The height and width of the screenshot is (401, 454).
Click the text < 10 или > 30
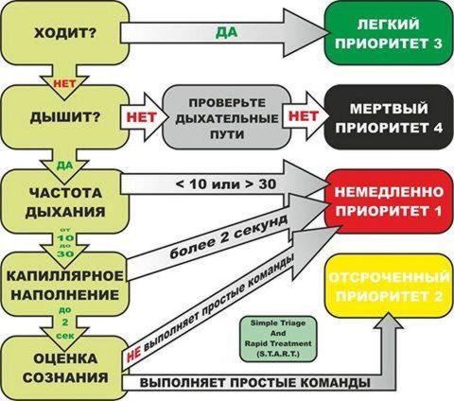(x=225, y=183)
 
